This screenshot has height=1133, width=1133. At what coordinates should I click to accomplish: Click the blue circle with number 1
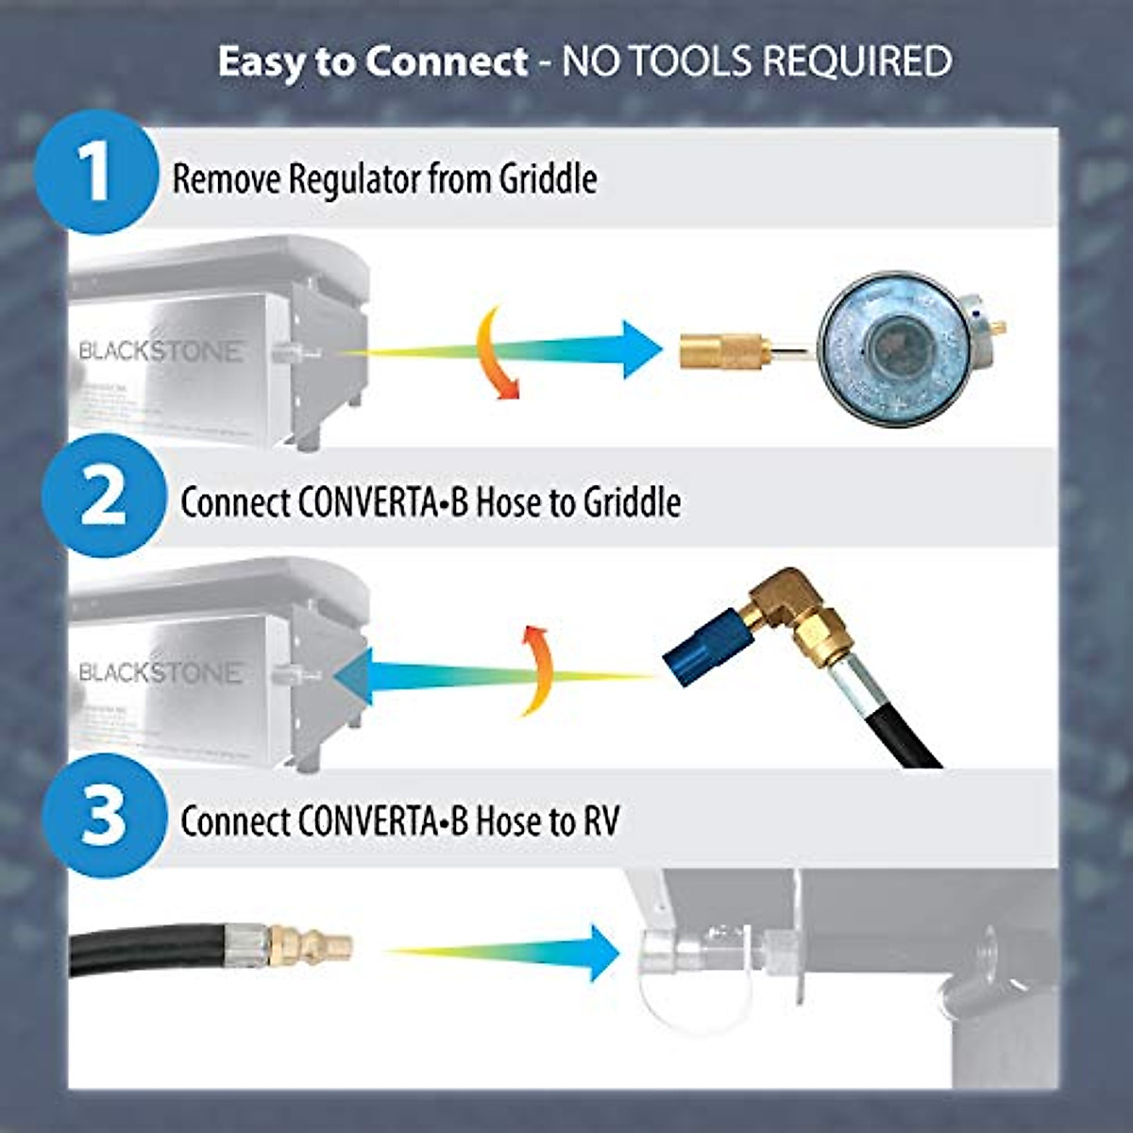(95, 172)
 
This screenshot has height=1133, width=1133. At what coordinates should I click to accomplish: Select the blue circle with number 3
(103, 816)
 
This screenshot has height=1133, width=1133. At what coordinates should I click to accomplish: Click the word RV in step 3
(601, 821)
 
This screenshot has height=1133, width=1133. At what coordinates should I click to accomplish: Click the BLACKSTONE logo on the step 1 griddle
(161, 351)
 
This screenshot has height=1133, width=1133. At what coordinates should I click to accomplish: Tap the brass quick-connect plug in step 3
(312, 941)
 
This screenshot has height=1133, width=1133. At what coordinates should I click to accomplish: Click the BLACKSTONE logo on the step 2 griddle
(161, 672)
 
